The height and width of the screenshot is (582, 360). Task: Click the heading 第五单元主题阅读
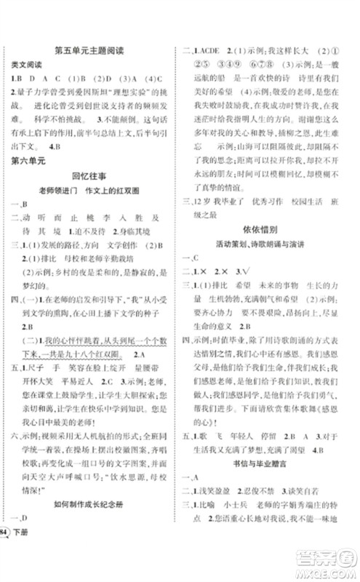click(90, 50)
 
